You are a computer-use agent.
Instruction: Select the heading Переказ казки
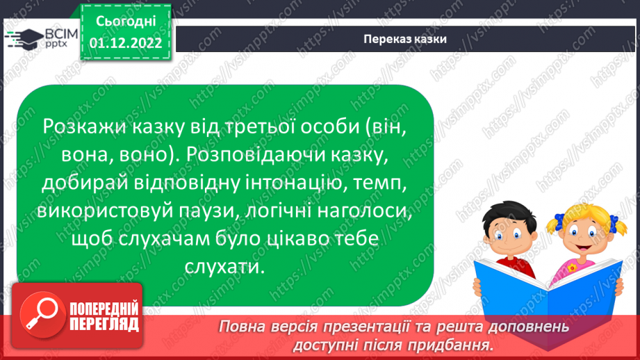[x=405, y=39]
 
